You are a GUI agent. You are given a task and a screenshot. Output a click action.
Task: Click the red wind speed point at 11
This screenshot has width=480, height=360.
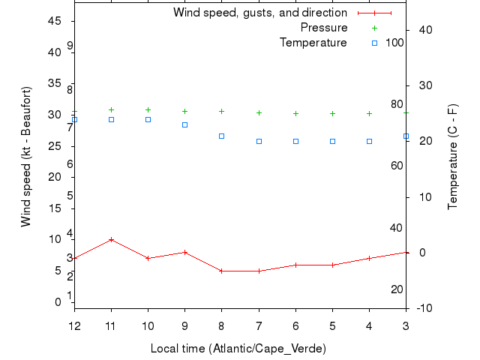111,239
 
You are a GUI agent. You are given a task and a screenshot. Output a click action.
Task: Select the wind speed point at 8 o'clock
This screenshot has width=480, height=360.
221,271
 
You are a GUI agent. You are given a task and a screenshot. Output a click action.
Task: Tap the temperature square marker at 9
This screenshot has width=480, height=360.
184,124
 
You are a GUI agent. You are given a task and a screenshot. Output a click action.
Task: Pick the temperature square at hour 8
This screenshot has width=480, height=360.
221,136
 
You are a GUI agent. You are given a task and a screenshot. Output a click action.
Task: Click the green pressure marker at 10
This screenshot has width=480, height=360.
148,109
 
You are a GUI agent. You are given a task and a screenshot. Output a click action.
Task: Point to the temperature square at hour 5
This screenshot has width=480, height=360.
332,141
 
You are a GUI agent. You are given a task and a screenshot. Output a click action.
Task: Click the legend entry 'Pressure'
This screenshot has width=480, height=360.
324,28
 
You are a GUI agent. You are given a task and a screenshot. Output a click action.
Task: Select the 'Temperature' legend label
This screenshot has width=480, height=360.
313,43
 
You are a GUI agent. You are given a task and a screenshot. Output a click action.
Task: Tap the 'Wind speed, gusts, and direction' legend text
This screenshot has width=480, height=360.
259,13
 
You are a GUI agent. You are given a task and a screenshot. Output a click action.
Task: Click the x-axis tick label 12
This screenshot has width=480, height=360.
74,326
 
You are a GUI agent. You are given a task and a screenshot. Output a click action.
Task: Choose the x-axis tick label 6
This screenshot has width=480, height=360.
295,326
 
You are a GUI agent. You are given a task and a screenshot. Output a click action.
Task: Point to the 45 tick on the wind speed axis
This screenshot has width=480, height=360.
54,21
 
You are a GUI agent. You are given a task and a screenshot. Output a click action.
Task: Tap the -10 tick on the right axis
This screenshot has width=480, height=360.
423,308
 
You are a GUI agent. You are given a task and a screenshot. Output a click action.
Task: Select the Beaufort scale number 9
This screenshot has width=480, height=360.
70,46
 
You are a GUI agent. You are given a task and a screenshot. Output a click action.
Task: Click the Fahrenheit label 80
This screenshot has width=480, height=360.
396,104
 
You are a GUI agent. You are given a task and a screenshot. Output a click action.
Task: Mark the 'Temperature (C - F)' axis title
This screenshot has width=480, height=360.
453,157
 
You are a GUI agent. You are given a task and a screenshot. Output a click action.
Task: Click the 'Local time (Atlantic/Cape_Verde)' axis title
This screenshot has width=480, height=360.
238,348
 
